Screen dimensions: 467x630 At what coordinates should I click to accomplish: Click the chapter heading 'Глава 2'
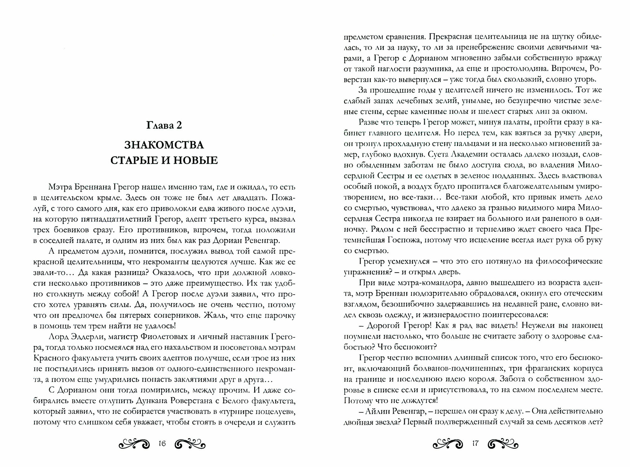coord(164,125)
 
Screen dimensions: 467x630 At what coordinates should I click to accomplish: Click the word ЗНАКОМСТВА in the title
coord(164,145)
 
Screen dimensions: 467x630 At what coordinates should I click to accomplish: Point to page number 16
coord(162,444)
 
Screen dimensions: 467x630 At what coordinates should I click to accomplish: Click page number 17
coord(475,444)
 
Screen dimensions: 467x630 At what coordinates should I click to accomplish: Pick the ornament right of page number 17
coord(503,444)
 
